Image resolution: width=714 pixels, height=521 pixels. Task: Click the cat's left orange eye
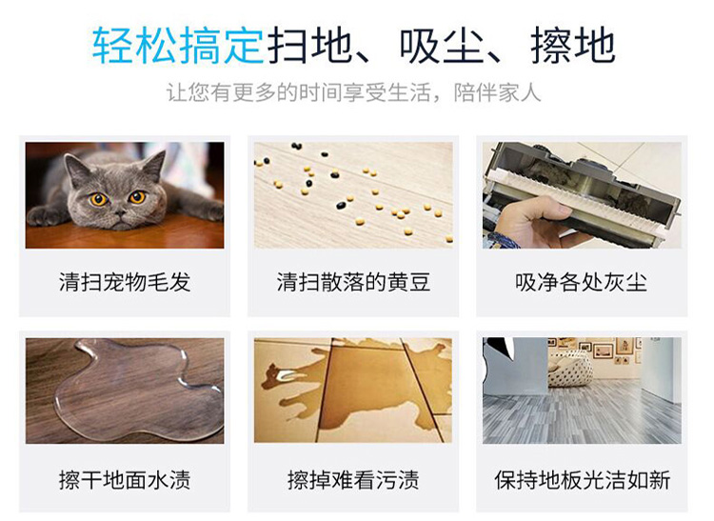(98, 199)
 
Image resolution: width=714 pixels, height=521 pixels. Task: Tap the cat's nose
(119, 212)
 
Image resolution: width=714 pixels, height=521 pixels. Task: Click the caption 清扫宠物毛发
(125, 282)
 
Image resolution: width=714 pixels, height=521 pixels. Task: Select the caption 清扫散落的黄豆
(353, 282)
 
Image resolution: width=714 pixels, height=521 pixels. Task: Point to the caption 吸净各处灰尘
(581, 282)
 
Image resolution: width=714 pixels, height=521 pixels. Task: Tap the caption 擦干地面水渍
(125, 480)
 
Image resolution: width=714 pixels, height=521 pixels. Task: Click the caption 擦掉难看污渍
(353, 480)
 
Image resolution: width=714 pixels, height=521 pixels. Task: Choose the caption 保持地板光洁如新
(582, 480)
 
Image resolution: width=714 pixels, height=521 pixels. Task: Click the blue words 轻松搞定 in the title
(178, 46)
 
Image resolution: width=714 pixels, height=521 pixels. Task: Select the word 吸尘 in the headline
(441, 46)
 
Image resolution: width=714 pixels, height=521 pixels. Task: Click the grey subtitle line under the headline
(353, 92)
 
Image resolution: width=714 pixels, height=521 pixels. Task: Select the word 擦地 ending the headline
(573, 46)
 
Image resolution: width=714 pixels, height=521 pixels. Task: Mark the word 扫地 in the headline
(309, 46)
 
